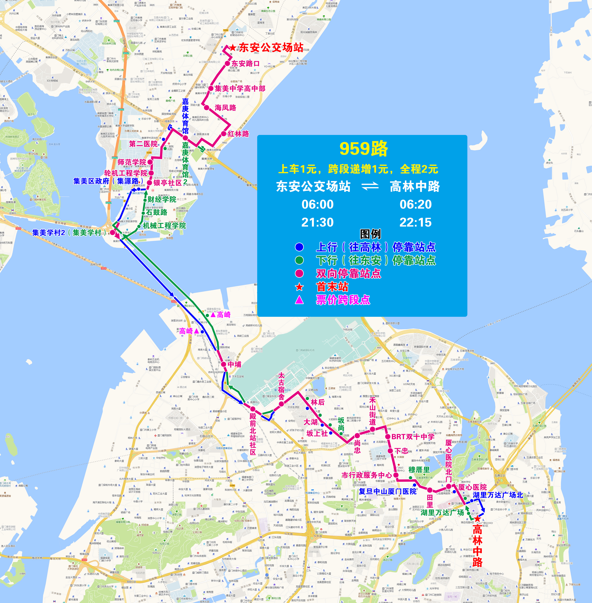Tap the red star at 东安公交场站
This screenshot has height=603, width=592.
233,48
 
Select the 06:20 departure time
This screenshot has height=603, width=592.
415,204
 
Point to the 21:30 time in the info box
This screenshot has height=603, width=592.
317,222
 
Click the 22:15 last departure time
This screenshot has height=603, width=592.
415,222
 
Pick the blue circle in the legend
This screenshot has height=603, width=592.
299,247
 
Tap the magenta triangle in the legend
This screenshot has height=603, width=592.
299,300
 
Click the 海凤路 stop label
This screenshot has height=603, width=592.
225,108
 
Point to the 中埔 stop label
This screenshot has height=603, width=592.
234,364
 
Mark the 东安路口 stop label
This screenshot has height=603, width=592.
245,63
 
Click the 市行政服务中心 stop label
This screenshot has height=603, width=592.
367,475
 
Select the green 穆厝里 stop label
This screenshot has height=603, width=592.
419,469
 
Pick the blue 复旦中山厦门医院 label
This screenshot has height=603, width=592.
387,491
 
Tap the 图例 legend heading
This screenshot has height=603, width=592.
370,234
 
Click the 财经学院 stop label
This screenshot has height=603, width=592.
162,199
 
